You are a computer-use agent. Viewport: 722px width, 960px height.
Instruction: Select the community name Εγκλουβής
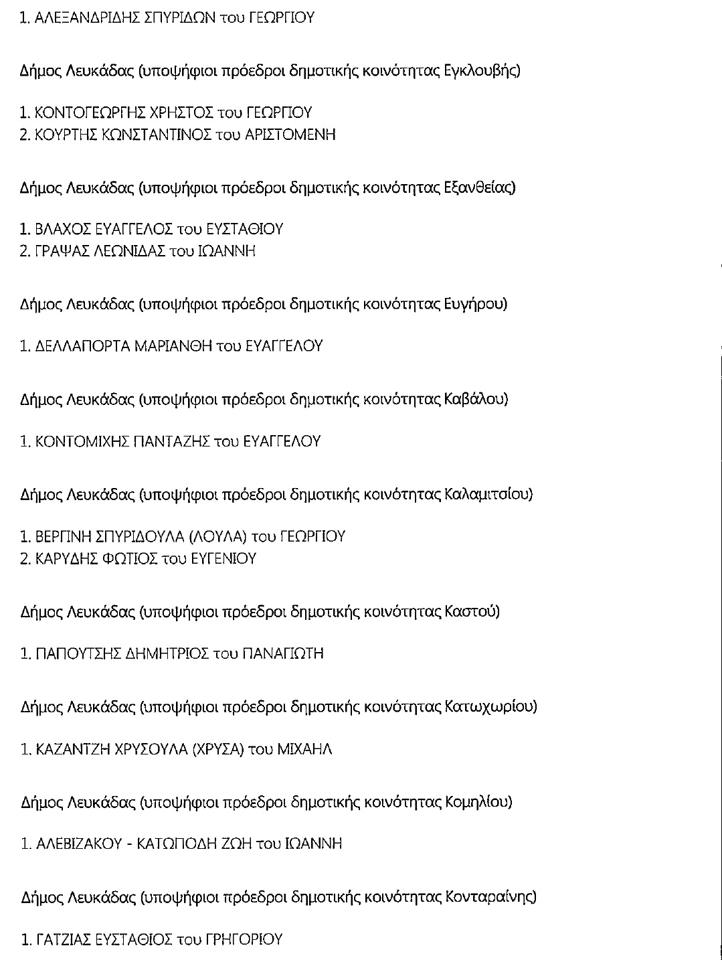pos(482,71)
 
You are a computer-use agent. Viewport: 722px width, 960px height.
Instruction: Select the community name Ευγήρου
pos(476,305)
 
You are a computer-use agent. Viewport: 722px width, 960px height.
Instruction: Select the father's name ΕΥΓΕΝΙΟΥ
pos(223,558)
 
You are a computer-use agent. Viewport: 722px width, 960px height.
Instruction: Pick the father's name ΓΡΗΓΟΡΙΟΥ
pos(248,940)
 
